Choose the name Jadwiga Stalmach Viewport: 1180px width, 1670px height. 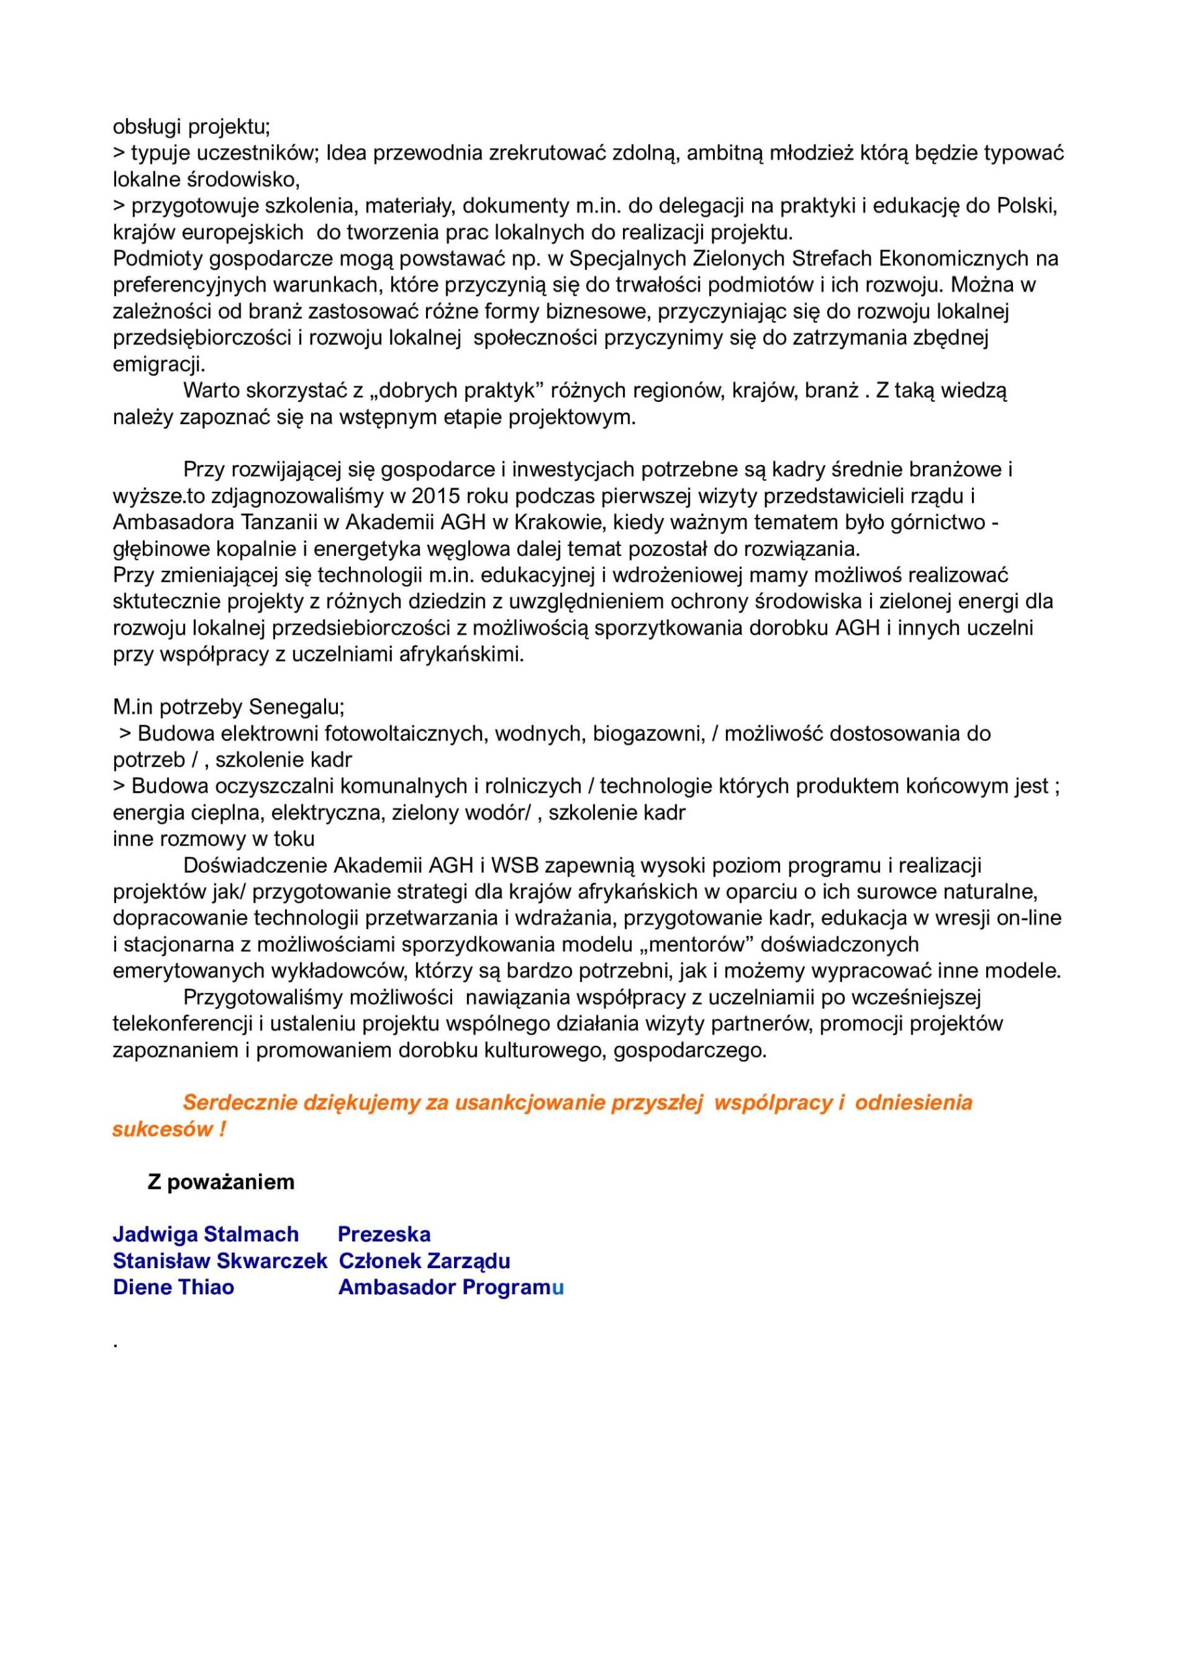pyautogui.click(x=206, y=1234)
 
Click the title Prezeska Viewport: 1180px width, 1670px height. pyautogui.click(x=384, y=1234)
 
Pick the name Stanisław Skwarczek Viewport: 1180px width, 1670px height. pyautogui.click(x=220, y=1260)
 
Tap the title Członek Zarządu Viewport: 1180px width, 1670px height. pyautogui.click(x=424, y=1260)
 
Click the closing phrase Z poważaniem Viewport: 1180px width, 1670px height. pyautogui.click(x=221, y=1182)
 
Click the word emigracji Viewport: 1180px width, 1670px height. pyautogui.click(x=159, y=363)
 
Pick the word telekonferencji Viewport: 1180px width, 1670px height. pyautogui.click(x=185, y=1024)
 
